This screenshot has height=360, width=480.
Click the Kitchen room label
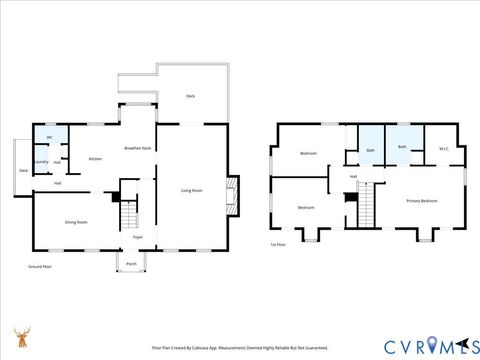click(x=95, y=160)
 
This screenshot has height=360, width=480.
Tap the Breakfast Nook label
click(x=137, y=148)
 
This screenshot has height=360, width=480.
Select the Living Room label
click(x=191, y=190)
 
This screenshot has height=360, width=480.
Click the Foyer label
click(x=138, y=237)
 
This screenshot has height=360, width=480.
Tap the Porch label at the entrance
click(x=131, y=265)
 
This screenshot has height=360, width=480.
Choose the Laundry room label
click(x=41, y=161)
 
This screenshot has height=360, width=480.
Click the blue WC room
click(x=46, y=139)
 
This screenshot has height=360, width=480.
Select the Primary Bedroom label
click(x=421, y=201)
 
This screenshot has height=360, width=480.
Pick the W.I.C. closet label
click(x=443, y=149)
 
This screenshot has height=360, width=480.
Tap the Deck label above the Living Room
click(x=190, y=96)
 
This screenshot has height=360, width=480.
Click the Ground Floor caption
click(x=41, y=267)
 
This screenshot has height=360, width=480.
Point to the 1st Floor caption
click(x=278, y=244)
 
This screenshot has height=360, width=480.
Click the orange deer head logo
click(x=21, y=337)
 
